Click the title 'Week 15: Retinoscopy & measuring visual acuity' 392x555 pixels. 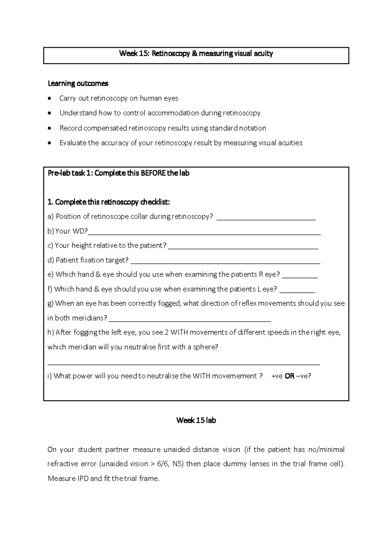point(196,54)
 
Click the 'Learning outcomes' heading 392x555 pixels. point(78,84)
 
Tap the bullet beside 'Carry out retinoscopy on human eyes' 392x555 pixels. point(49,98)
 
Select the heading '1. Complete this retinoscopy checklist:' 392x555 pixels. point(108,202)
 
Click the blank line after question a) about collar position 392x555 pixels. point(266,219)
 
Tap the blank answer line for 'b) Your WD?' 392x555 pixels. point(204,234)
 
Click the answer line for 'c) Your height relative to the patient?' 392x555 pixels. point(243,248)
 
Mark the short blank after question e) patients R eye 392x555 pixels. point(300,277)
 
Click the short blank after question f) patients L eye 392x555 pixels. point(297,292)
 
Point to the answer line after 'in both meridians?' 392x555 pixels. point(189,321)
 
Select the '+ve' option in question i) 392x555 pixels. point(277,376)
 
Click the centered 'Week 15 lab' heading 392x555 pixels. point(196,420)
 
